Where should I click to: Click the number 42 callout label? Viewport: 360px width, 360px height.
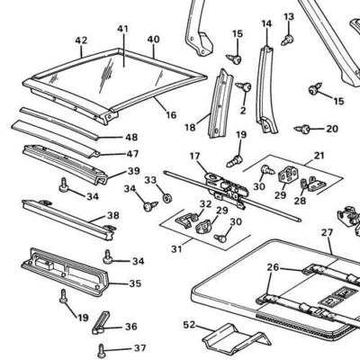click(81, 40)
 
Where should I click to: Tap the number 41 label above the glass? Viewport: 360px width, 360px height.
click(123, 29)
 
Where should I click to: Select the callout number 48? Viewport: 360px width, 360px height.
click(131, 138)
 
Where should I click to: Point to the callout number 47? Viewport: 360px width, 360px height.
click(131, 154)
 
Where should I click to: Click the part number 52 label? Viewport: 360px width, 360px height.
click(188, 324)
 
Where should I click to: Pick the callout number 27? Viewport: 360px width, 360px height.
click(327, 231)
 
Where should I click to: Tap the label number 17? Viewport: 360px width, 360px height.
click(195, 156)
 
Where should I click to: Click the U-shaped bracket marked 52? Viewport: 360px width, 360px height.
click(229, 341)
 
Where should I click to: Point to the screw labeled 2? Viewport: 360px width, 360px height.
click(243, 87)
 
